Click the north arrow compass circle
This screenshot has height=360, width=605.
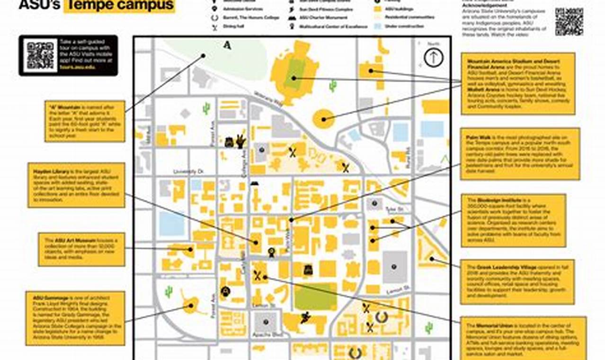click(x=433, y=58)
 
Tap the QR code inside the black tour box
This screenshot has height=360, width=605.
click(x=40, y=55)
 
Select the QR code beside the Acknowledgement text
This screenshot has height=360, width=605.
click(x=569, y=22)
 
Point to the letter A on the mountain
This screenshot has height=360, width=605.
click(x=228, y=45)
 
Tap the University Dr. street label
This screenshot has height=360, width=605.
click(x=188, y=171)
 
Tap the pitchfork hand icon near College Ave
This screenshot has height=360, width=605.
click(x=241, y=141)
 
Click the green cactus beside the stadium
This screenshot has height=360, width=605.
click(x=333, y=86)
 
